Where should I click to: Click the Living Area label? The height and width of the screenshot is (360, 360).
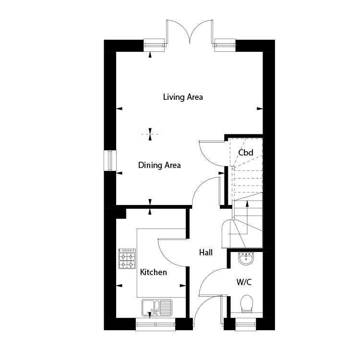(183, 97)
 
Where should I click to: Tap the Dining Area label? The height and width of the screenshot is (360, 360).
(159, 165)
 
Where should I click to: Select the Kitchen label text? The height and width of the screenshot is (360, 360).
(154, 272)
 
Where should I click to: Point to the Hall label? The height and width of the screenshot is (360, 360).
(206, 252)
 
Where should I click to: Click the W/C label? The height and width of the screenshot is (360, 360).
(244, 282)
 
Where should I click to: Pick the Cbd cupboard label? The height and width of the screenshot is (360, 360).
(246, 153)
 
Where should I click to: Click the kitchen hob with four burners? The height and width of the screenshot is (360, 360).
(127, 259)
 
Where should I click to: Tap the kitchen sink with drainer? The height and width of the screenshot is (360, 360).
(157, 308)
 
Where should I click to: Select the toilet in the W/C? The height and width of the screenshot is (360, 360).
(247, 304)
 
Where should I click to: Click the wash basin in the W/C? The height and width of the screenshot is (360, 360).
(246, 258)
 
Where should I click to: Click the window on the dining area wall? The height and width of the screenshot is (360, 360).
(110, 160)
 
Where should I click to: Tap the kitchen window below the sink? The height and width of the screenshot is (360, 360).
(156, 324)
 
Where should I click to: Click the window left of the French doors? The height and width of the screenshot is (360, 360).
(154, 45)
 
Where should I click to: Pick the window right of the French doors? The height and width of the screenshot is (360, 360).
(225, 45)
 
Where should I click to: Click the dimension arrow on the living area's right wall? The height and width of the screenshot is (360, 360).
(260, 108)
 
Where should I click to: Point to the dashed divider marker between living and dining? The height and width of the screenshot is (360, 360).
(150, 134)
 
